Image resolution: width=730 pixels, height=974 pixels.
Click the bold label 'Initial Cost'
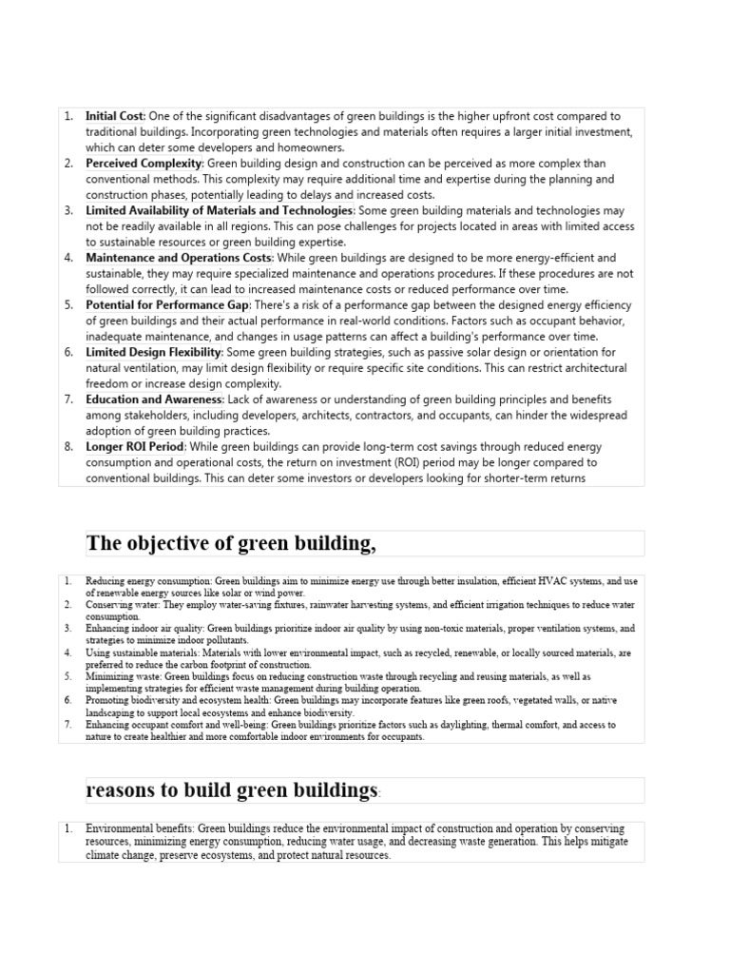(115, 116)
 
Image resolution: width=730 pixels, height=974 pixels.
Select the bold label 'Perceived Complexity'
(144, 164)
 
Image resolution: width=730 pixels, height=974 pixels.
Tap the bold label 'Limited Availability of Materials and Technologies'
(220, 210)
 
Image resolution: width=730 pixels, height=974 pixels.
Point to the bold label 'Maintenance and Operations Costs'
(179, 258)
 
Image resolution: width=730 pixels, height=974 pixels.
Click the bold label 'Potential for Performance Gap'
(167, 304)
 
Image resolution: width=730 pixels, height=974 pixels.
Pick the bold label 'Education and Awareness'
(154, 399)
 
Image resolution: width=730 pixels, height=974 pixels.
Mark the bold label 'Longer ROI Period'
(133, 446)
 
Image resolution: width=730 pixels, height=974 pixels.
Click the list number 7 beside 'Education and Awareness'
(68, 399)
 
